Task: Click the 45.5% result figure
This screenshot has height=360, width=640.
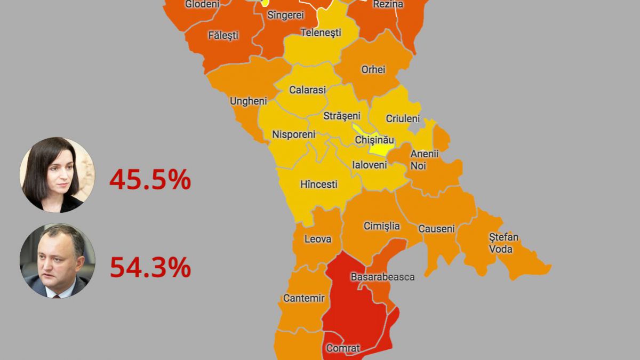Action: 150,180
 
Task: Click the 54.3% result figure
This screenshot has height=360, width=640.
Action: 150,268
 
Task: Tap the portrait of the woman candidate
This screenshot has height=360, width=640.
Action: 57,174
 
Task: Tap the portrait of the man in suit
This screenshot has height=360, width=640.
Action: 57,261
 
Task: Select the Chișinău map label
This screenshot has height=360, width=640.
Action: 374,140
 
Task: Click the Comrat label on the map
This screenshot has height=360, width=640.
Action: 342,348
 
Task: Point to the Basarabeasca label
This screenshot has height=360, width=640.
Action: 382,277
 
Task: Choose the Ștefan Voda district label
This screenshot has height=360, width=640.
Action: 503,243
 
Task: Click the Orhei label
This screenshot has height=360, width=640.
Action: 373,70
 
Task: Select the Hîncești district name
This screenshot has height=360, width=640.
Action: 318,185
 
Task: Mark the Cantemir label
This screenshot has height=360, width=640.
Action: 303,298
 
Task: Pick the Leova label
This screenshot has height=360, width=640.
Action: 317,239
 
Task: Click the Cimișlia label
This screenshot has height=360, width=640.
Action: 381,226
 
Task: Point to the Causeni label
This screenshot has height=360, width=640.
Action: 436,229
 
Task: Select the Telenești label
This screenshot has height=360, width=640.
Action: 321,33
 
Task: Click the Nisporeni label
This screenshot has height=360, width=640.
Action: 293,134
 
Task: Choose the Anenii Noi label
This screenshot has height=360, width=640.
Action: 424,159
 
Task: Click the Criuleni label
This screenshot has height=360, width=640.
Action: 403,119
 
